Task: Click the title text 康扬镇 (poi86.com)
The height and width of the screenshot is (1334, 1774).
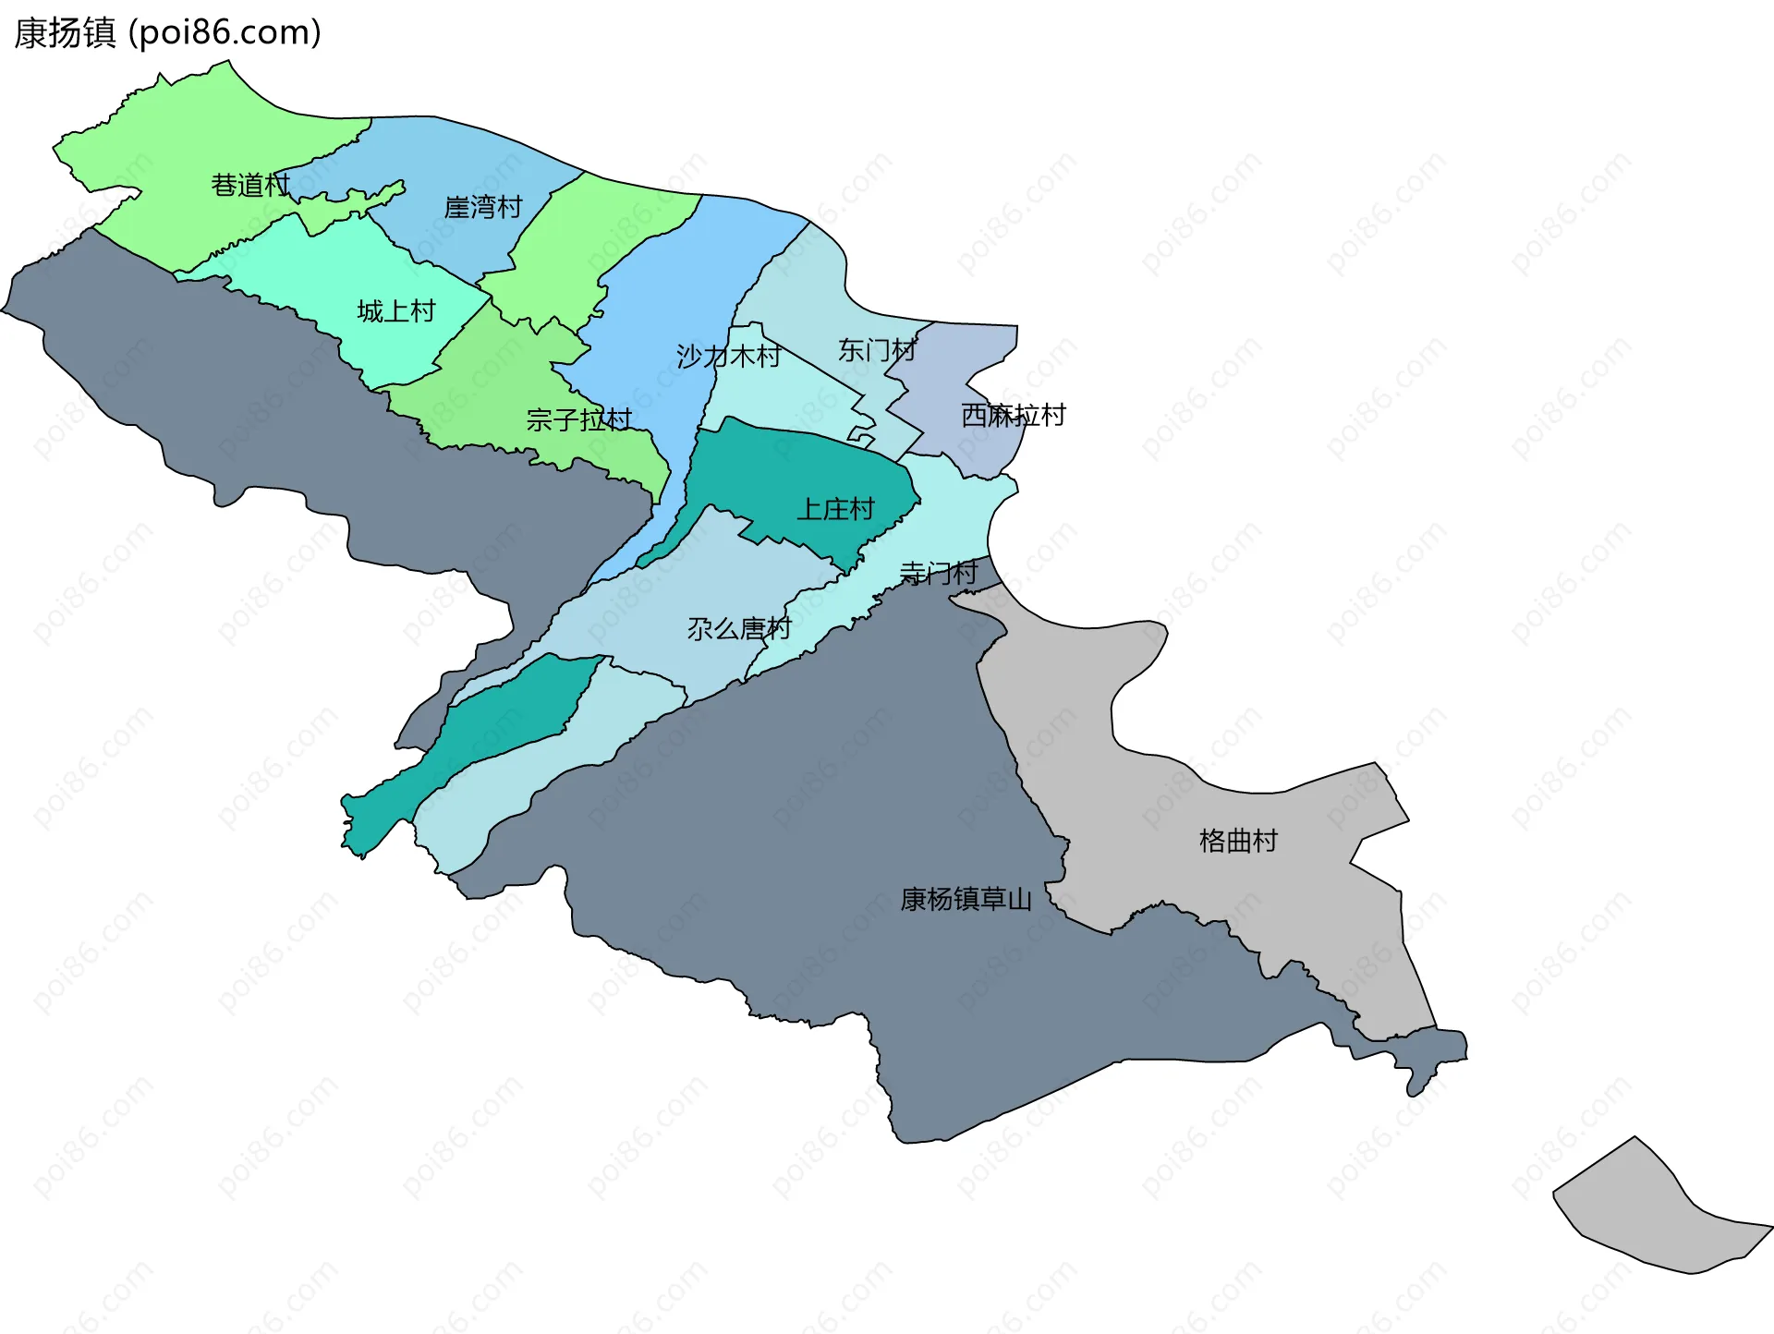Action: pyautogui.click(x=167, y=33)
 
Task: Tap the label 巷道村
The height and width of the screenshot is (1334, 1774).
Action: pyautogui.click(x=250, y=186)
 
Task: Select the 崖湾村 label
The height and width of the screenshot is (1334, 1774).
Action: pyautogui.click(x=483, y=207)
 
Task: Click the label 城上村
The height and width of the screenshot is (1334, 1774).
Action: pyautogui.click(x=396, y=311)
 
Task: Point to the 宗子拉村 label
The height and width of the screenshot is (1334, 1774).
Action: pyautogui.click(x=579, y=420)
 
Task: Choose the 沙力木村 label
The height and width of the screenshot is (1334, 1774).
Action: pyautogui.click(x=728, y=356)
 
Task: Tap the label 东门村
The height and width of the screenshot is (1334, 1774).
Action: pyautogui.click(x=877, y=350)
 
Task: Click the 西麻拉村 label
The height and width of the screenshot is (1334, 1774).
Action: pyautogui.click(x=1014, y=415)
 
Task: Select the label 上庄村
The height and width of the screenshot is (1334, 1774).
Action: pyautogui.click(x=836, y=509)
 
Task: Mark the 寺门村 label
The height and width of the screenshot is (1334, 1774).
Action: pyautogui.click(x=939, y=573)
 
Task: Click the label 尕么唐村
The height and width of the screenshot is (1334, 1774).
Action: pyautogui.click(x=739, y=629)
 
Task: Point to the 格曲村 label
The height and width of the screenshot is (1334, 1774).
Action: pyautogui.click(x=1238, y=841)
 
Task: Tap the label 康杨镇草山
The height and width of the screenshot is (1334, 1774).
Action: pyautogui.click(x=966, y=899)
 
